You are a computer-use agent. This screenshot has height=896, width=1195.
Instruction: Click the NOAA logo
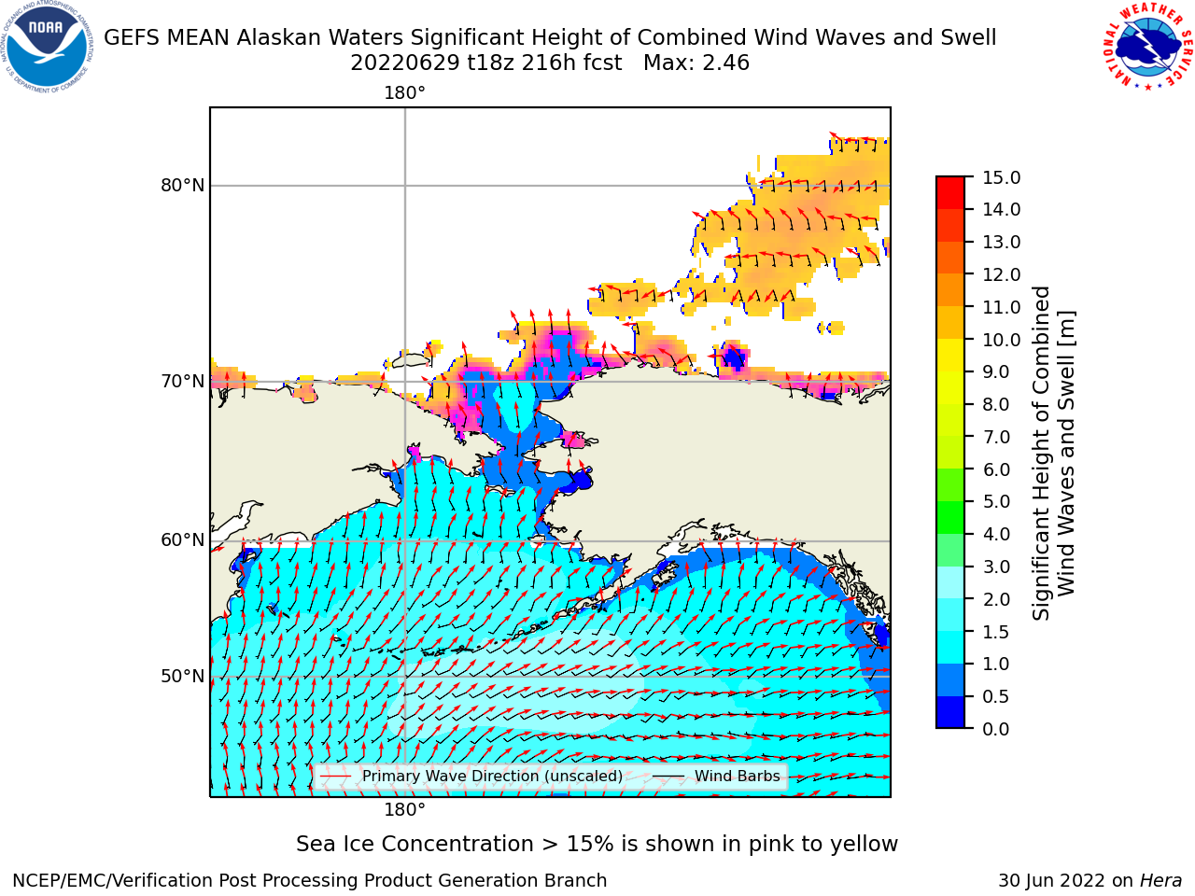[x=47, y=47]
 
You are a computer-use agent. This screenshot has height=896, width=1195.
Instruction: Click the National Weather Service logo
[x=1148, y=47]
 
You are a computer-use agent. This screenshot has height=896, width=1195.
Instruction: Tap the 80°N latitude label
[x=182, y=186]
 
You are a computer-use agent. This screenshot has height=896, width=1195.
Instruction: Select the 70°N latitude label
[x=182, y=382]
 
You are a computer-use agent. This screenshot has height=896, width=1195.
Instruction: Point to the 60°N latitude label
[x=182, y=540]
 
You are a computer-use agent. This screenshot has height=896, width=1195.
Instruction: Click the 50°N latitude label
[x=182, y=677]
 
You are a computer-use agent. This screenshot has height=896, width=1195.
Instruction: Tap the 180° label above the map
[x=404, y=93]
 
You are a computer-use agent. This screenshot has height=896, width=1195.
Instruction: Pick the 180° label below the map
[x=404, y=810]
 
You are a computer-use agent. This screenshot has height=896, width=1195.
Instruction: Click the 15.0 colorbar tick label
[x=1001, y=177]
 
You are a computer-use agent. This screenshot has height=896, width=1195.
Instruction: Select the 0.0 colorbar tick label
[x=996, y=729]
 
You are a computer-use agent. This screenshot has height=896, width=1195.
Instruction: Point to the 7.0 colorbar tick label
[x=996, y=437]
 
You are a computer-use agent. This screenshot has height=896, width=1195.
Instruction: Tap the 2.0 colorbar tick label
[x=996, y=599]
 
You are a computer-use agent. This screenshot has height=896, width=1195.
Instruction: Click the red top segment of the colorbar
[x=950, y=193]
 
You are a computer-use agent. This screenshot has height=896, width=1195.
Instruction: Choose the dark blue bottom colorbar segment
[x=950, y=712]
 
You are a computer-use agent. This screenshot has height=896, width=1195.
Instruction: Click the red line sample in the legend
[x=335, y=776]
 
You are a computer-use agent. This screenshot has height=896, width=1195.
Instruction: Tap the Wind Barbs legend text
[x=738, y=776]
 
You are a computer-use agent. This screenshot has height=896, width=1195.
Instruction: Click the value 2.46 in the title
[x=725, y=63]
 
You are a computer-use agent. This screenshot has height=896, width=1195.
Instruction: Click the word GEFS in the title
[x=133, y=38]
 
